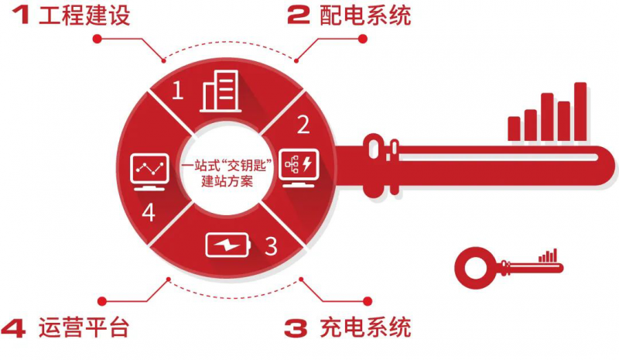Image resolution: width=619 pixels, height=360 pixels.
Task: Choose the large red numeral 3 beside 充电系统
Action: (299, 327)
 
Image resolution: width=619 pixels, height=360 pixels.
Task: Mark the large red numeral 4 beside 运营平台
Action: (16, 327)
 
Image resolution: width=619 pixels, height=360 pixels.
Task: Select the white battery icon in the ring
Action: (227, 246)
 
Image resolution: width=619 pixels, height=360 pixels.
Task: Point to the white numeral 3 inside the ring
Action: (270, 247)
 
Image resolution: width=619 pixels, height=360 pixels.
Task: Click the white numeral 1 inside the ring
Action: (178, 92)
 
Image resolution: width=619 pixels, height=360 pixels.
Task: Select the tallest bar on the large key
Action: (580, 111)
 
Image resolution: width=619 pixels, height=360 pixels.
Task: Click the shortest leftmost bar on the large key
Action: (514, 128)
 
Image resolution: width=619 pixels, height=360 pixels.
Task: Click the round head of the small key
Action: (472, 265)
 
